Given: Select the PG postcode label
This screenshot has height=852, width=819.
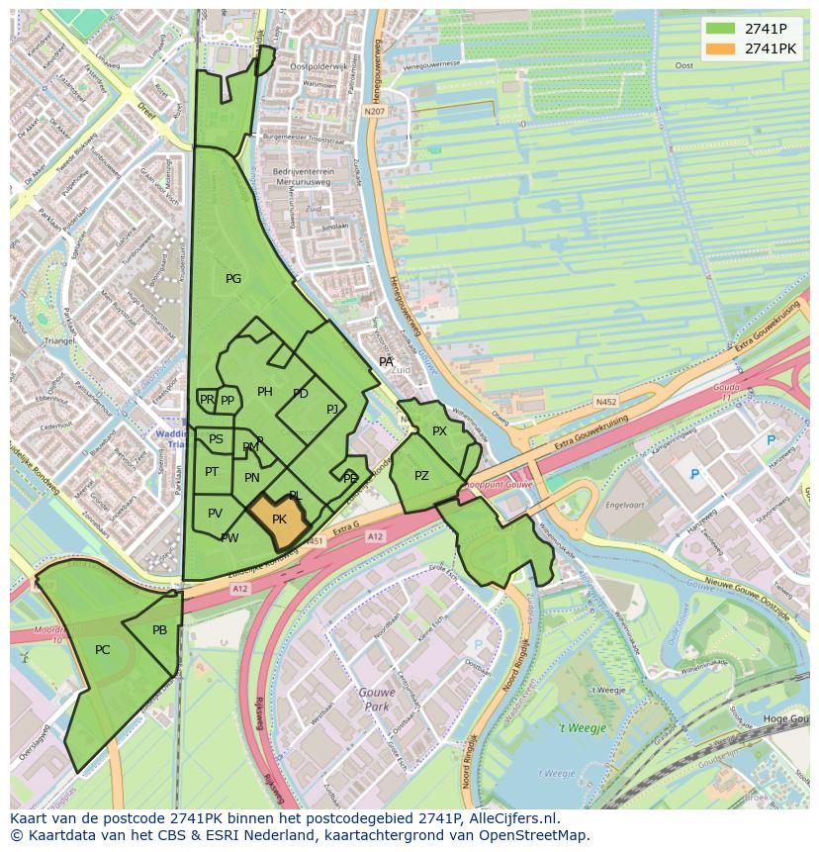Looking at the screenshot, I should click(x=233, y=279).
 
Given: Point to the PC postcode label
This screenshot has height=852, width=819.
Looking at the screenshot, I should click(x=103, y=650).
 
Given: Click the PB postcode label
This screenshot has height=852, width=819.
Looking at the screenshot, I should click(x=159, y=630).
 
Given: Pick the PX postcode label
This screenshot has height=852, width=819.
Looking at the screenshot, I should click(x=439, y=431).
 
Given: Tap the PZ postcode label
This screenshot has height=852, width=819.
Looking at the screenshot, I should click(x=421, y=476).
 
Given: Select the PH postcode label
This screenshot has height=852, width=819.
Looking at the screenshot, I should click(x=264, y=392).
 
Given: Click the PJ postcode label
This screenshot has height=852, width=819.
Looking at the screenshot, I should click(x=332, y=409).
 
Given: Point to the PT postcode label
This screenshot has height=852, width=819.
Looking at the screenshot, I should click(x=212, y=472).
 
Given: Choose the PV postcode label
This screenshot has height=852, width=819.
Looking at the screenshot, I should click(x=215, y=513).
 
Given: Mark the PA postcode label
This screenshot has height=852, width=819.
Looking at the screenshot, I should click(x=387, y=362).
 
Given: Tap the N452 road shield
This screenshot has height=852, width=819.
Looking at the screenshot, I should click(x=606, y=402).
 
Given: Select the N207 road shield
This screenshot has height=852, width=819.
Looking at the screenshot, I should click(x=373, y=112).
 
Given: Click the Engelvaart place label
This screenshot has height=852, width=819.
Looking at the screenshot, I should click(x=625, y=505).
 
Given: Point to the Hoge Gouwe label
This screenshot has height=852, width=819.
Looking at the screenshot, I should click(x=786, y=719).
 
